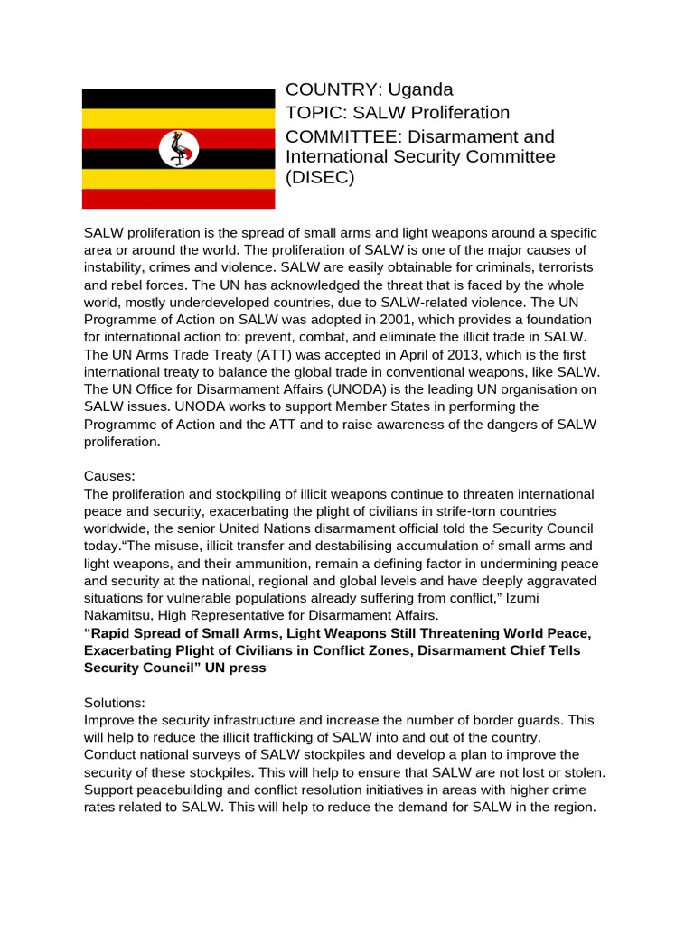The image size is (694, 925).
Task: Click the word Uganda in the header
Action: pyautogui.click(x=420, y=89)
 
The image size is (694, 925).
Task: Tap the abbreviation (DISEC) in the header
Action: pyautogui.click(x=321, y=178)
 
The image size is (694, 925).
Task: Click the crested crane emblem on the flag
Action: pyautogui.click(x=179, y=148)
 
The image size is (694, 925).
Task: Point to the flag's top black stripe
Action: pyautogui.click(x=179, y=98)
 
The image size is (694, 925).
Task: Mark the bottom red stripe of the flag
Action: pyautogui.click(x=179, y=199)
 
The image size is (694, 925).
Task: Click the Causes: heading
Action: pyautogui.click(x=108, y=476)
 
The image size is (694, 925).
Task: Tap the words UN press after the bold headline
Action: pyautogui.click(x=239, y=668)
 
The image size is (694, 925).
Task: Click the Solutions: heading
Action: pyautogui.click(x=114, y=703)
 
